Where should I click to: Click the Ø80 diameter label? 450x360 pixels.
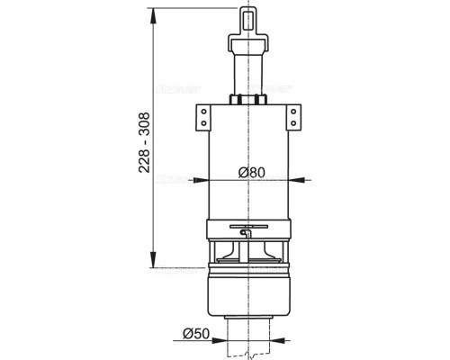(x=252, y=171)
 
